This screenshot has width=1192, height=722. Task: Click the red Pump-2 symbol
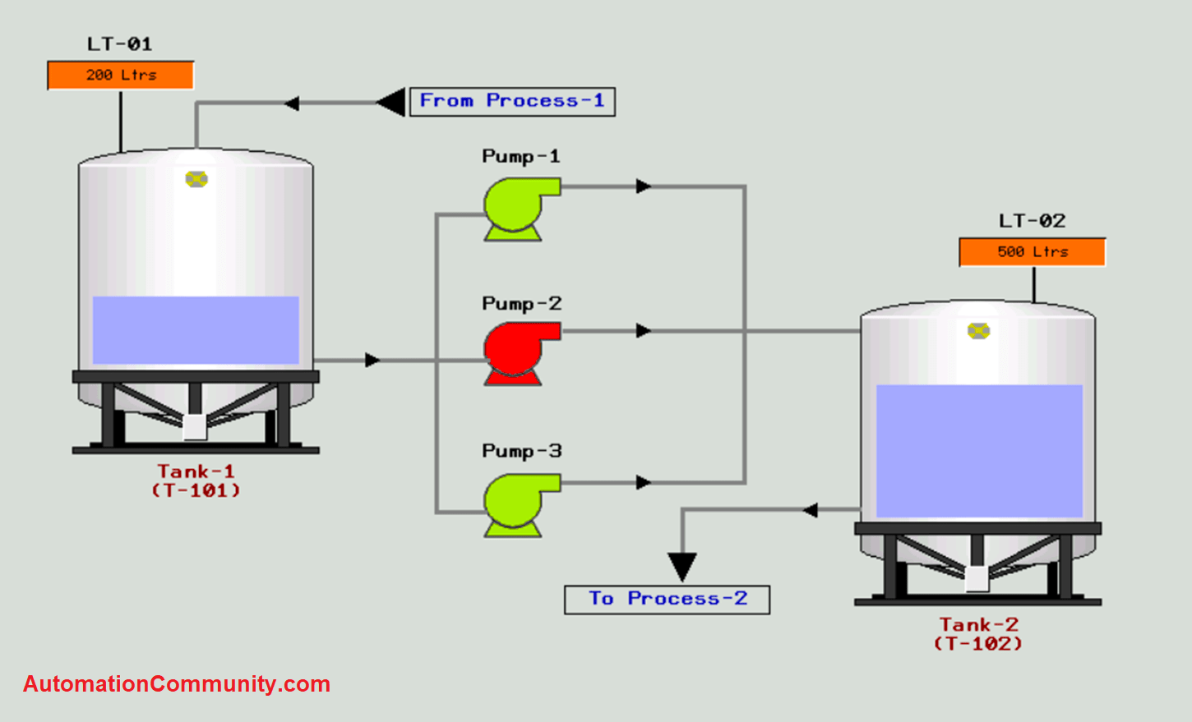click(x=516, y=352)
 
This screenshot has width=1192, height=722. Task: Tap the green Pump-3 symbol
click(x=516, y=504)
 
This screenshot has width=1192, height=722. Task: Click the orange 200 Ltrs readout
click(x=121, y=75)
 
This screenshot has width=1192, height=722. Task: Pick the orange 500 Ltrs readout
click(x=1033, y=252)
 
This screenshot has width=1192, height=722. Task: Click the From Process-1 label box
click(x=512, y=101)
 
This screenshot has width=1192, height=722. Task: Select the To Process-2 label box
click(x=667, y=599)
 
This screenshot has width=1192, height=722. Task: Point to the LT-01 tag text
click(x=120, y=44)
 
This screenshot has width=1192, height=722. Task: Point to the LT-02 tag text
click(x=1033, y=220)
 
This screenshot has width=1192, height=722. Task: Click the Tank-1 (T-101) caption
click(x=196, y=481)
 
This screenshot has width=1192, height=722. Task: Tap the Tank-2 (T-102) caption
click(x=978, y=633)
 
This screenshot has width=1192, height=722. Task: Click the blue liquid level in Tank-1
click(x=196, y=329)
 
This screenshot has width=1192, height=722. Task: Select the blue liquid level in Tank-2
click(x=979, y=450)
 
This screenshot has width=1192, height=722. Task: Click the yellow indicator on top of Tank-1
click(x=196, y=179)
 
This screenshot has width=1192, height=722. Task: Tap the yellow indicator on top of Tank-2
click(x=978, y=331)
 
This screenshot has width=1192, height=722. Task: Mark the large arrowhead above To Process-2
click(x=682, y=565)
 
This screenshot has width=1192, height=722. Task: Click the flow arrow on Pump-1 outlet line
click(x=643, y=186)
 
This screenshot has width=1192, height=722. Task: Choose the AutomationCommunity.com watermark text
click(x=177, y=683)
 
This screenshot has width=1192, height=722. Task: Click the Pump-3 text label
click(x=521, y=451)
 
